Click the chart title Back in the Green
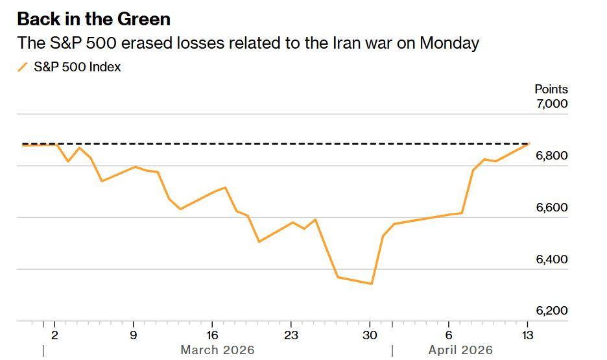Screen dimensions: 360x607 pyautogui.click(x=94, y=19)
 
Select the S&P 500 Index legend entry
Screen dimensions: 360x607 pyautogui.click(x=77, y=67)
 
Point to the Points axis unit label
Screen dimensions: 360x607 pyautogui.click(x=551, y=89)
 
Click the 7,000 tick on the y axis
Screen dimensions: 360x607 pyautogui.click(x=552, y=104)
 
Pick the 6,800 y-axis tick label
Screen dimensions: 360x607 pyautogui.click(x=552, y=156)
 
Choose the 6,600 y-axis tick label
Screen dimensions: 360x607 pyautogui.click(x=552, y=208)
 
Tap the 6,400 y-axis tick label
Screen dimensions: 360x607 pyautogui.click(x=552, y=259)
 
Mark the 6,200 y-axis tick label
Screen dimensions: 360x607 pyautogui.click(x=552, y=311)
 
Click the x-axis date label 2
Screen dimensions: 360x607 pyautogui.click(x=54, y=335)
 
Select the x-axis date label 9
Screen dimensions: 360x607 pyautogui.click(x=134, y=335)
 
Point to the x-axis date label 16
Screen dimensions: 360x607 pyautogui.click(x=212, y=335)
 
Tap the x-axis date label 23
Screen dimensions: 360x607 pyautogui.click(x=291, y=335)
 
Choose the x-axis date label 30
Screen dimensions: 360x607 pyautogui.click(x=370, y=335)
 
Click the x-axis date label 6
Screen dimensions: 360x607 pyautogui.click(x=449, y=335)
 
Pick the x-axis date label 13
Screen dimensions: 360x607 pyautogui.click(x=527, y=335)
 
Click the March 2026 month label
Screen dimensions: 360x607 pyautogui.click(x=217, y=350)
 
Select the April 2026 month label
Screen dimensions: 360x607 pyautogui.click(x=460, y=350)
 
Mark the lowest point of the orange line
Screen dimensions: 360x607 pyautogui.click(x=371, y=283)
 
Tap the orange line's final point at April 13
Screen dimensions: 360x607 pyautogui.click(x=529, y=144)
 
